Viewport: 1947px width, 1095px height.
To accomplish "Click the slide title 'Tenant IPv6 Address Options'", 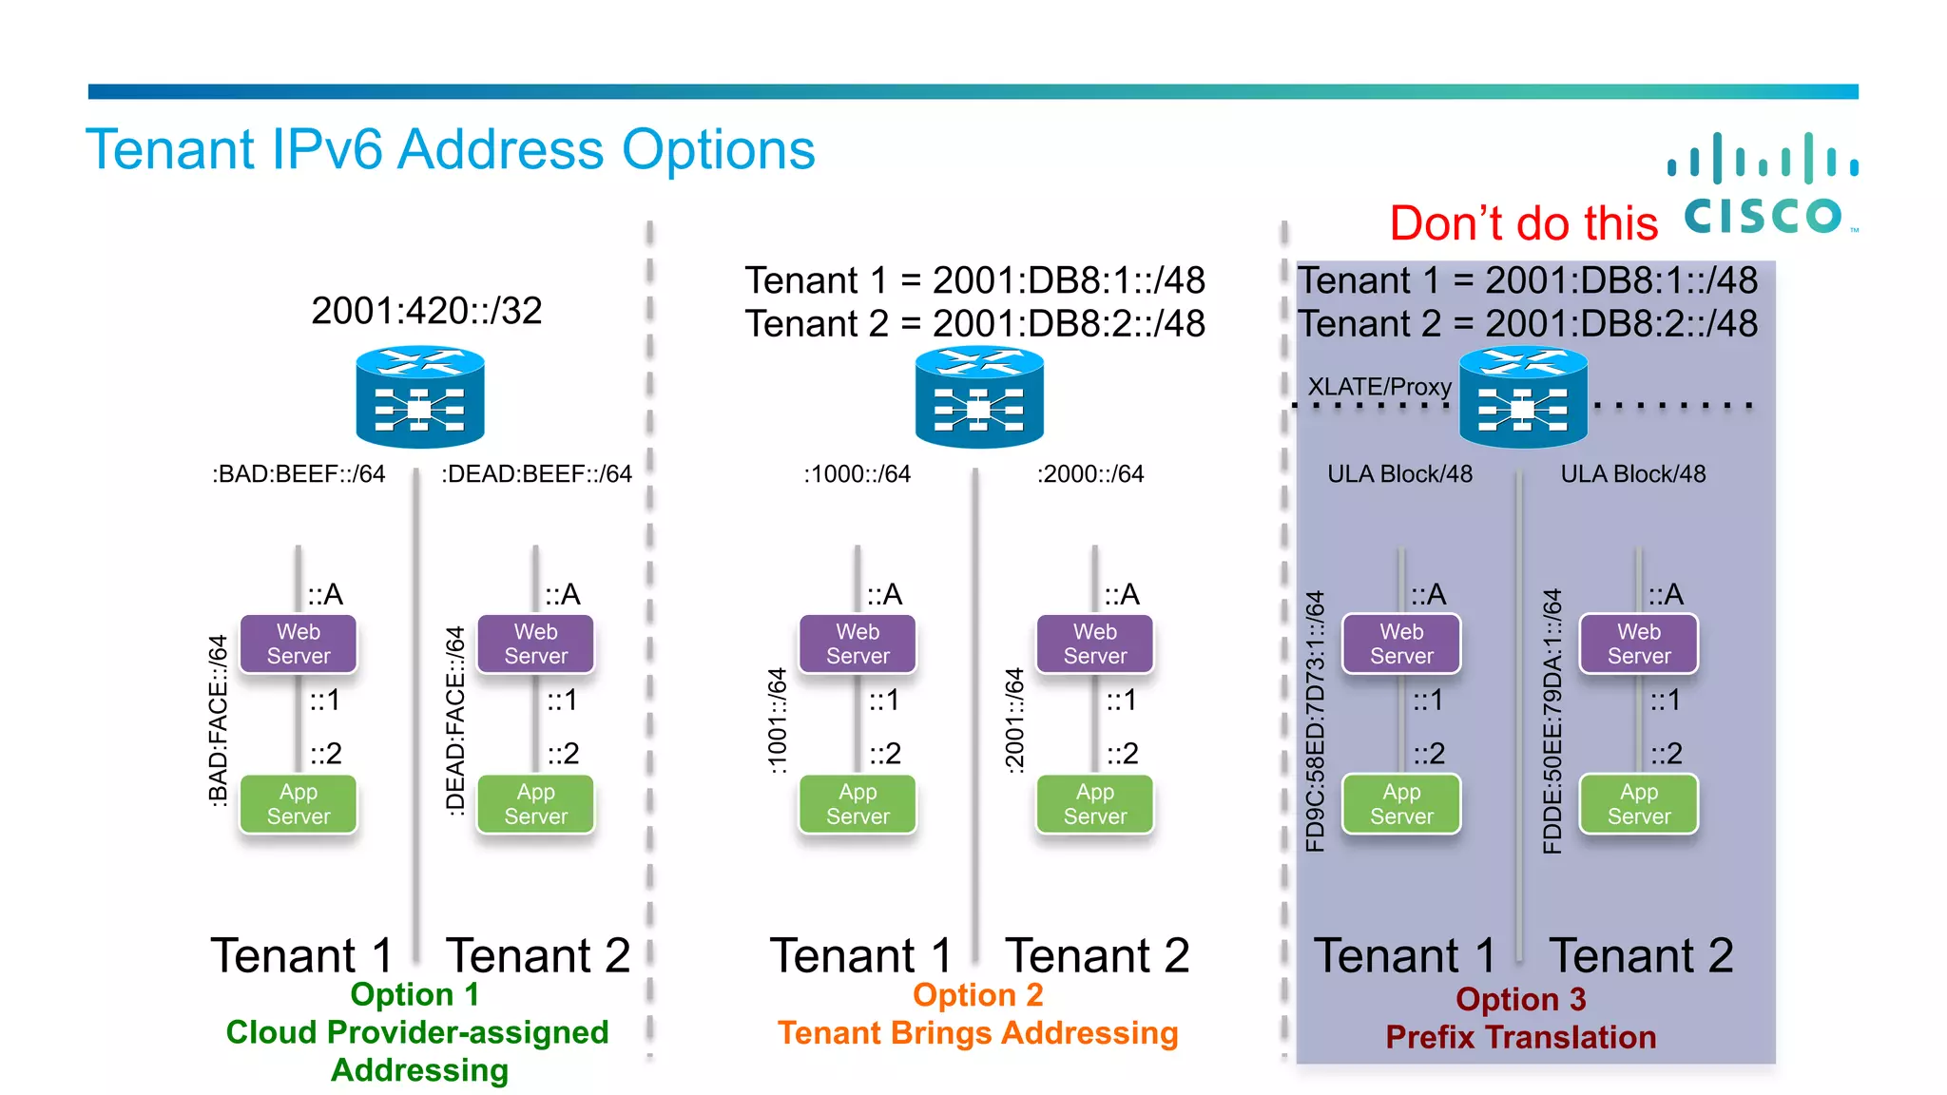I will (x=451, y=150).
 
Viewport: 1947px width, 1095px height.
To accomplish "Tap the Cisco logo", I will (x=1764, y=185).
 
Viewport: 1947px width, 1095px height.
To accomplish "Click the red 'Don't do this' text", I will (x=1523, y=223).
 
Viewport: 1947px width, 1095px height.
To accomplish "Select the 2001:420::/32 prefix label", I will (x=426, y=311).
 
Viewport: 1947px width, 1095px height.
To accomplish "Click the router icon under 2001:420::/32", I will (x=420, y=397).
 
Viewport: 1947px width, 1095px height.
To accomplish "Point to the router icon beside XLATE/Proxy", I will (x=1523, y=397).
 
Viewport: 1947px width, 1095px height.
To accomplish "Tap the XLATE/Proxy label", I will (x=1379, y=387).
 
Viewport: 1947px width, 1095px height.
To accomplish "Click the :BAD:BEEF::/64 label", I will (x=299, y=474).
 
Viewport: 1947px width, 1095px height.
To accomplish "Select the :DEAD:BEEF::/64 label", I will (x=536, y=474).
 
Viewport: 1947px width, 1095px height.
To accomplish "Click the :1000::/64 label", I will (x=857, y=474).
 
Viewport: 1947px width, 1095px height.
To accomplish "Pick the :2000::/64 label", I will (x=1090, y=474).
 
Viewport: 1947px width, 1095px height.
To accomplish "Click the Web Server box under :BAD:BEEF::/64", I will (x=299, y=644).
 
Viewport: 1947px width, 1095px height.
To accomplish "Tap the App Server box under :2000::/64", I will (x=1095, y=804).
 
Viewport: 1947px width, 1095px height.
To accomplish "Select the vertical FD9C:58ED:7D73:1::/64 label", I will (x=1315, y=721).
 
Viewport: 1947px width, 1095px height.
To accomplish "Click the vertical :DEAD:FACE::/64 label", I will (x=455, y=720).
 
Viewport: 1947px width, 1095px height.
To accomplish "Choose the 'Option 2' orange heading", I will (x=977, y=995).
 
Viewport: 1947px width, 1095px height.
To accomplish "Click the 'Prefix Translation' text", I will (x=1520, y=1037).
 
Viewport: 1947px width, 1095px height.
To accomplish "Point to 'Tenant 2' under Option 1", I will (x=538, y=955).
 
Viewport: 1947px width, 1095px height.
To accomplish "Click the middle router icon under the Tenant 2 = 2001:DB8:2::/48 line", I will (x=979, y=397).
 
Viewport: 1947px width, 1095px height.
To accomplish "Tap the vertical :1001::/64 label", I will (x=778, y=720).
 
